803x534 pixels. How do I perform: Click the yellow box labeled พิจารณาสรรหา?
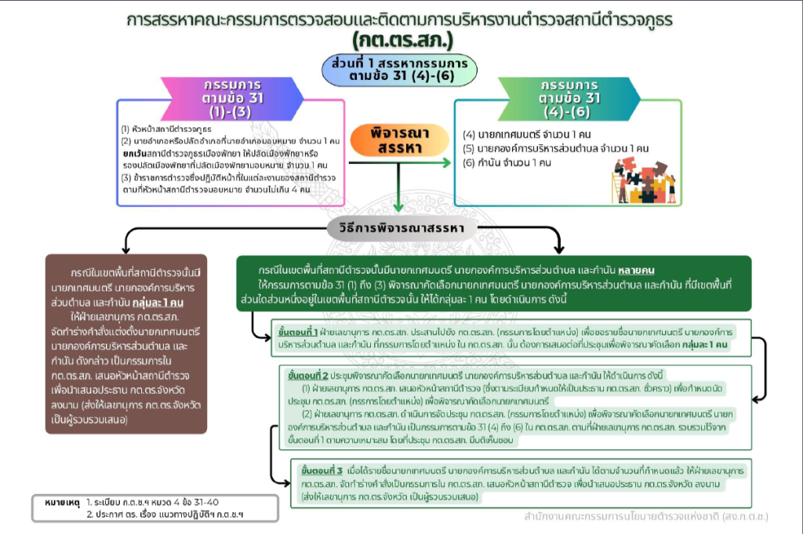point(401,140)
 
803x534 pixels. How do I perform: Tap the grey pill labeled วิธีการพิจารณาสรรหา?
point(401,229)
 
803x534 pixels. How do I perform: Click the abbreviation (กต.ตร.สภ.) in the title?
point(402,38)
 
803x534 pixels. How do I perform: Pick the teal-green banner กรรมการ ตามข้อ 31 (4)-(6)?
point(571,97)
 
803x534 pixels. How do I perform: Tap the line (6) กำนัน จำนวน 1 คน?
point(507,162)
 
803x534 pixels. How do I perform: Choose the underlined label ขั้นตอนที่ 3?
point(322,470)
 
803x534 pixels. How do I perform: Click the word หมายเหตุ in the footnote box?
point(63,500)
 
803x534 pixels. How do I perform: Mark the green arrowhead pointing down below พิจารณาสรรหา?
point(400,208)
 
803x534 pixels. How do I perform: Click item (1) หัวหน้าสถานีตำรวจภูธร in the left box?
point(168,129)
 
